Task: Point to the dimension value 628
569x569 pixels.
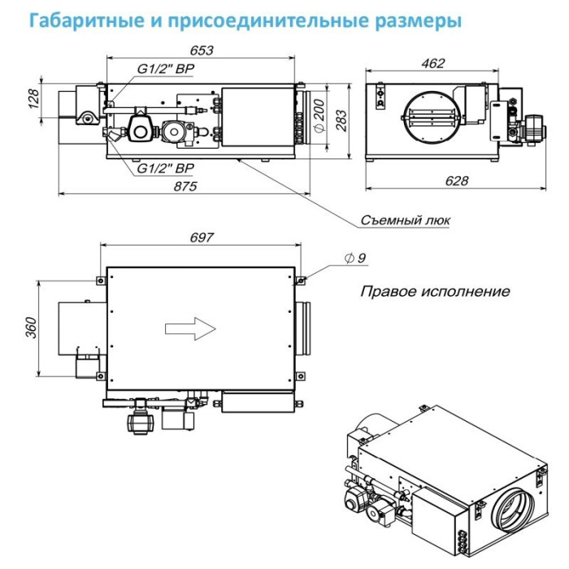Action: (457, 180)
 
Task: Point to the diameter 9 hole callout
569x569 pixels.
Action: (355, 258)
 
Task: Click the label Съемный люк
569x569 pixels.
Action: (405, 220)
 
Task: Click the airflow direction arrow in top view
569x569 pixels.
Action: (189, 328)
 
